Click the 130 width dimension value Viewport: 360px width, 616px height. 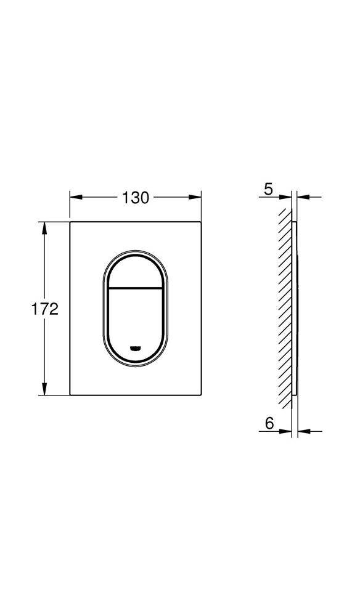tap(135, 198)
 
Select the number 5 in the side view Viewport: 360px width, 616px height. tap(268, 189)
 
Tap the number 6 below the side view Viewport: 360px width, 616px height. tap(269, 423)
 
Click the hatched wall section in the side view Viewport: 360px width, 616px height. tap(285, 308)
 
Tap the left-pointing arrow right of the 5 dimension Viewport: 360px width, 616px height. tap(302, 198)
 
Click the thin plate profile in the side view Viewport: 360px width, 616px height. tap(295, 308)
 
